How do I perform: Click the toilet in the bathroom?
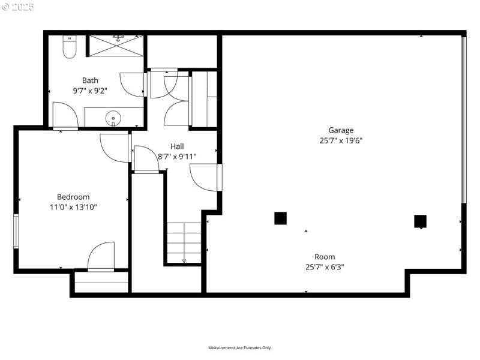click(69, 47)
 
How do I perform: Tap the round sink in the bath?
click(113, 118)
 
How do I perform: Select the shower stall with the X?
click(116, 46)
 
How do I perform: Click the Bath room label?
click(90, 80)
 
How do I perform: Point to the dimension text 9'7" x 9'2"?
click(90, 91)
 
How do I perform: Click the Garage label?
click(341, 130)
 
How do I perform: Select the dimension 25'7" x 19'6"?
click(341, 140)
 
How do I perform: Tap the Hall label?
click(177, 146)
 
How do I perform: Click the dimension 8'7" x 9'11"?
click(177, 157)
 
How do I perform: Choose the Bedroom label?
click(73, 197)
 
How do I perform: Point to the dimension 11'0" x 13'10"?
click(73, 207)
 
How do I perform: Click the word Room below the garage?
click(325, 257)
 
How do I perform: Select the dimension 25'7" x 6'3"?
click(325, 267)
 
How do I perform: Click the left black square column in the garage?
click(280, 218)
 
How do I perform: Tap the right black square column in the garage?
click(420, 221)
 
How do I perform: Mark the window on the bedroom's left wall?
click(16, 231)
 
